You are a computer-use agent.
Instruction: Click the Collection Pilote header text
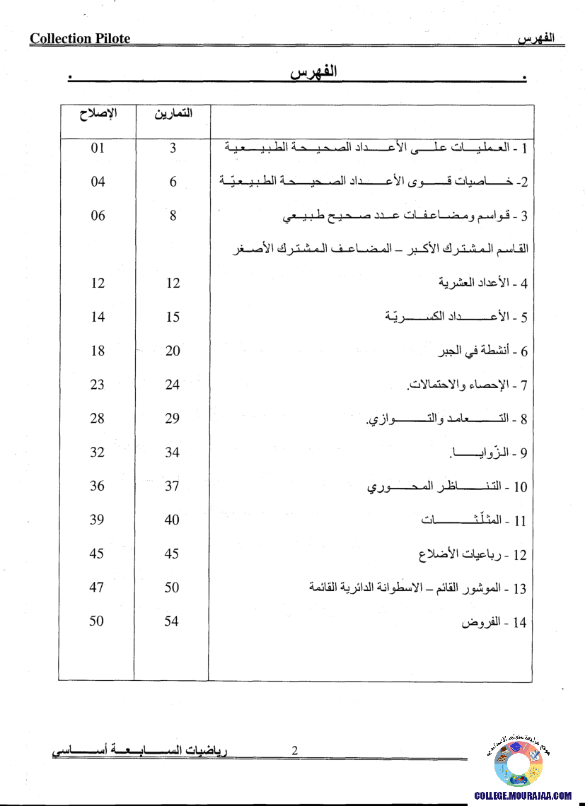pyautogui.click(x=80, y=39)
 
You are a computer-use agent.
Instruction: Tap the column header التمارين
pyautogui.click(x=173, y=113)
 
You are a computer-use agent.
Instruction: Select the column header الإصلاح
pyautogui.click(x=98, y=113)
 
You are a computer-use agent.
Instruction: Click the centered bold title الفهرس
pyautogui.click(x=313, y=73)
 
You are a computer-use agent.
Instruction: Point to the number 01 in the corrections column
pyautogui.click(x=98, y=148)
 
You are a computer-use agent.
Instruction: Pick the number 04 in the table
pyautogui.click(x=98, y=182)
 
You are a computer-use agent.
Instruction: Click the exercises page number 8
pyautogui.click(x=173, y=216)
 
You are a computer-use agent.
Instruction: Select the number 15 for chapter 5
pyautogui.click(x=173, y=317)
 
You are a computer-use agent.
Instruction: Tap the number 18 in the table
pyautogui.click(x=98, y=351)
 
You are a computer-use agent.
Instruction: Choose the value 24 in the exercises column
pyautogui.click(x=173, y=385)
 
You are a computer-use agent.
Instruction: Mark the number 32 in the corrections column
pyautogui.click(x=98, y=452)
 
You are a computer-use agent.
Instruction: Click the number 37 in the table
pyautogui.click(x=173, y=486)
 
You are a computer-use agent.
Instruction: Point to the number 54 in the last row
pyautogui.click(x=172, y=621)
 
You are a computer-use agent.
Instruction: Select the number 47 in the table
pyautogui.click(x=97, y=588)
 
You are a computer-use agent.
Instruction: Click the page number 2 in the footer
pyautogui.click(x=295, y=752)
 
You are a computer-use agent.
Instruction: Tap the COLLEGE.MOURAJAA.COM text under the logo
pyautogui.click(x=523, y=795)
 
